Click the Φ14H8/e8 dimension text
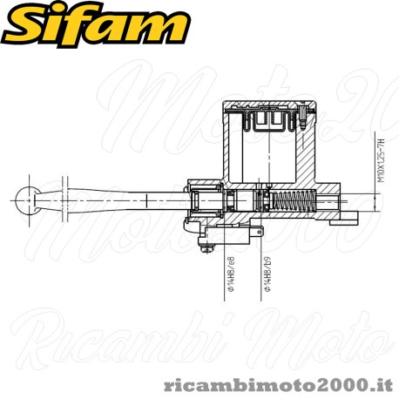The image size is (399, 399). [x=231, y=275]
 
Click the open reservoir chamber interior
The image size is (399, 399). [x=261, y=157]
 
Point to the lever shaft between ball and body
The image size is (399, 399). [x=122, y=203]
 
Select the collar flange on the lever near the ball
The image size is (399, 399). [x=65, y=202]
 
